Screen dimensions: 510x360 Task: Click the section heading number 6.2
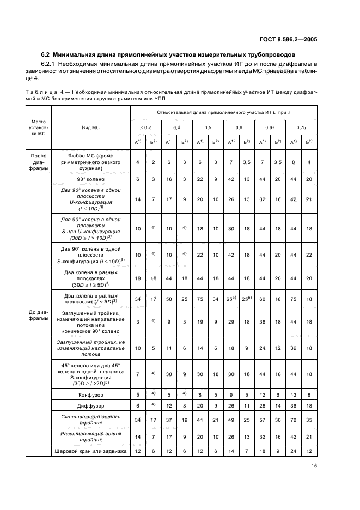46,55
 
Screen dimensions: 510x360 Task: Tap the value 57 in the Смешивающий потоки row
262,420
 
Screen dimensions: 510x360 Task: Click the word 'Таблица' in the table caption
38,92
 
